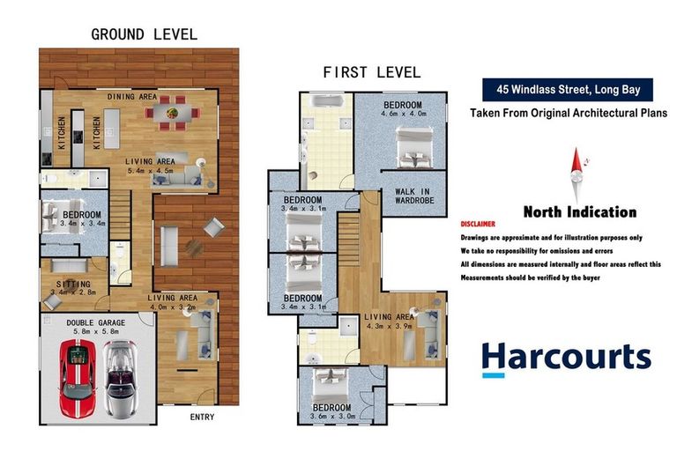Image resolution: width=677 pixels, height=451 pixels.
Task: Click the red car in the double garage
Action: (78, 379)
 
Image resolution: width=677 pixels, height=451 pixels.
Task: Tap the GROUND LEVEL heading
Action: (145, 34)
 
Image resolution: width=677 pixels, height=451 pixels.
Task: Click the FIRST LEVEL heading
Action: (372, 72)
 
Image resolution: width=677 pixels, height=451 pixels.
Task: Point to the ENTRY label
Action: (202, 417)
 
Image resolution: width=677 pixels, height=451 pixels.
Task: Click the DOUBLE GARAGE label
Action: (96, 322)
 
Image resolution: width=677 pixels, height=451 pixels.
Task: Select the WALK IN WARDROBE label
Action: (414, 196)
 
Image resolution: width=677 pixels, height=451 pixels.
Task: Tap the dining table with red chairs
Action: (172, 113)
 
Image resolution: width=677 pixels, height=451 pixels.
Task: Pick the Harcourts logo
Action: (567, 359)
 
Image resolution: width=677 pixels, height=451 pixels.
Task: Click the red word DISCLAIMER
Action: (478, 224)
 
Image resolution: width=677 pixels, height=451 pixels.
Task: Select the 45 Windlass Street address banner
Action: (568, 90)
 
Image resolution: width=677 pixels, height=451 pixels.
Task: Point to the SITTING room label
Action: (73, 284)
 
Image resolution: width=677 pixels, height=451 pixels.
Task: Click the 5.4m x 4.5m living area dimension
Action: (150, 171)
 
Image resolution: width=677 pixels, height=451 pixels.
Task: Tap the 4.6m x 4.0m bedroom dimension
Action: (404, 114)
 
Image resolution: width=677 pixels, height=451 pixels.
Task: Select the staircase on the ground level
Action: (121, 215)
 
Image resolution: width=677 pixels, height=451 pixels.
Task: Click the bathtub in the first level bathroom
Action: (328, 101)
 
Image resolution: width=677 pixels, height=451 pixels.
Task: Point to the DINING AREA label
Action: (132, 97)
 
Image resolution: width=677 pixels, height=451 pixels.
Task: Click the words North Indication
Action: (580, 212)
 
